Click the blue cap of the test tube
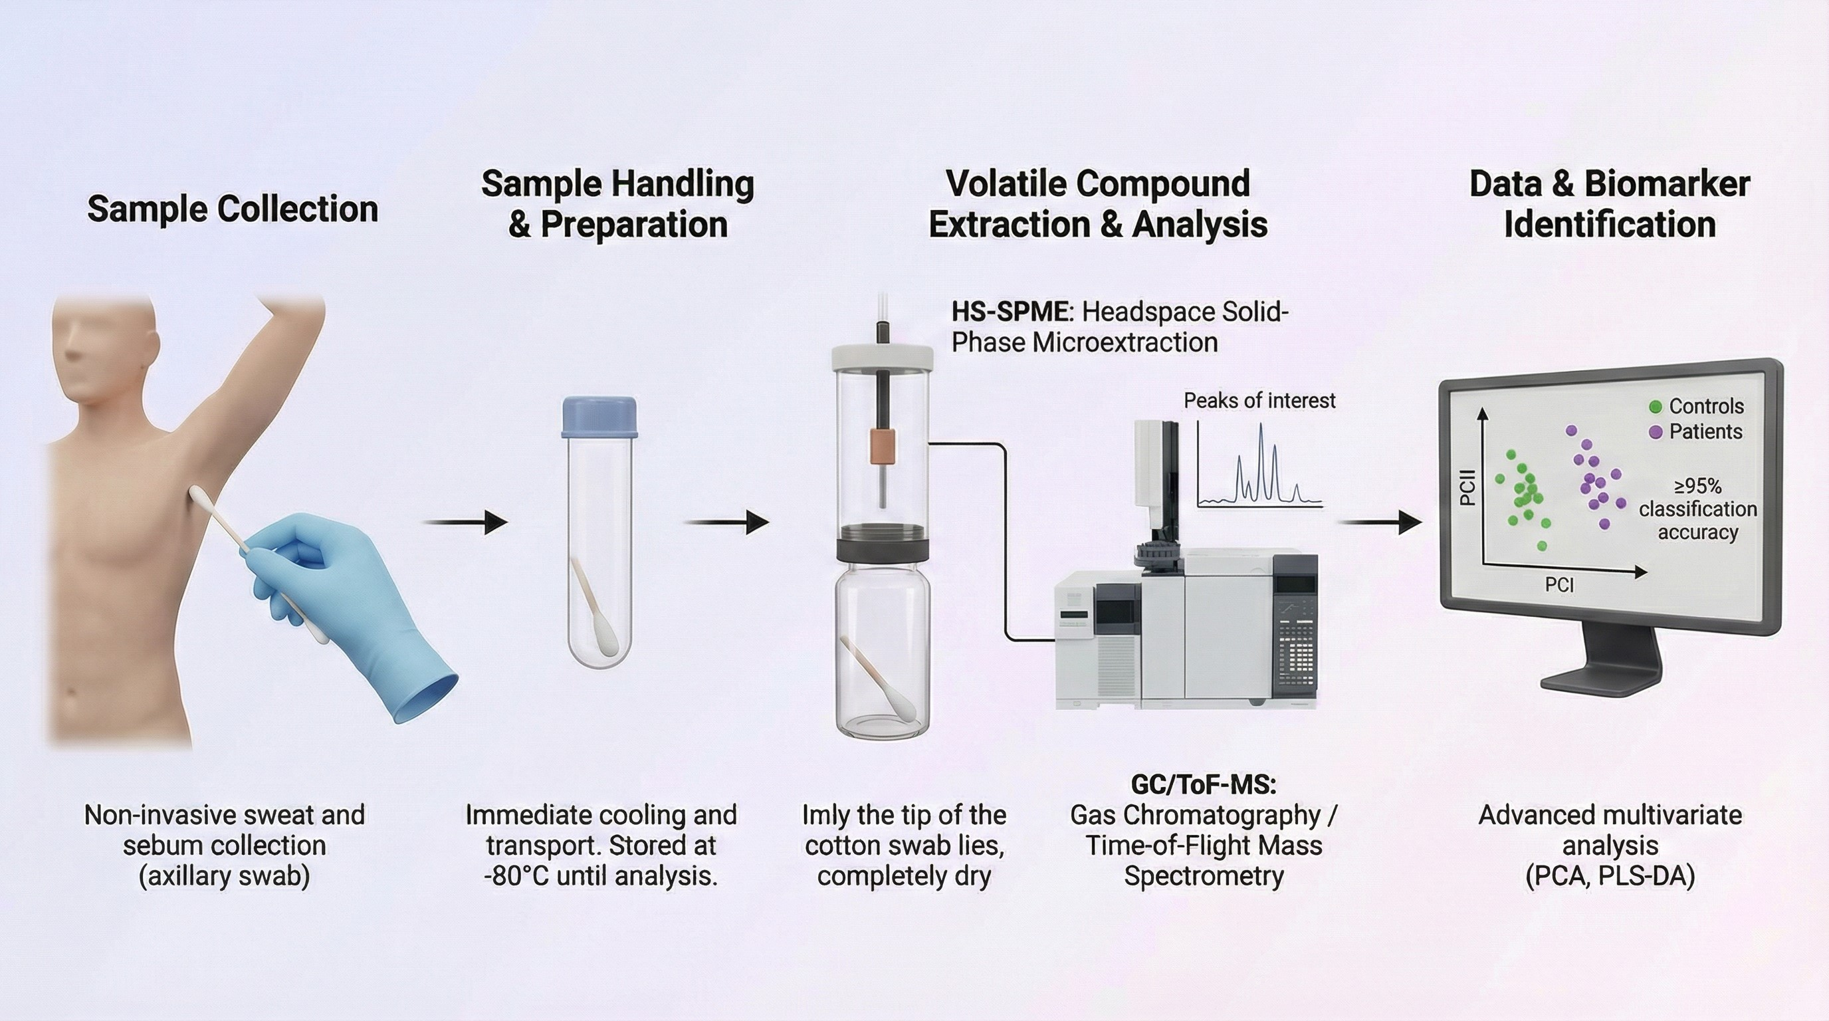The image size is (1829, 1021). (599, 417)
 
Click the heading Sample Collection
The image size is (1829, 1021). (232, 209)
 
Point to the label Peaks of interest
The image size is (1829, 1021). (1259, 401)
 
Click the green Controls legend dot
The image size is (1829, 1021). (1655, 407)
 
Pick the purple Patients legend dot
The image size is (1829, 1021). (1655, 431)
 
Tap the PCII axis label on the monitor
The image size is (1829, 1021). (1467, 488)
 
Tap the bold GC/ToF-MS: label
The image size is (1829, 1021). (1203, 784)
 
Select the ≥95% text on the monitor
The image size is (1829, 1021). (1697, 487)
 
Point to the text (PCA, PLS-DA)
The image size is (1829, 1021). (1610, 876)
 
